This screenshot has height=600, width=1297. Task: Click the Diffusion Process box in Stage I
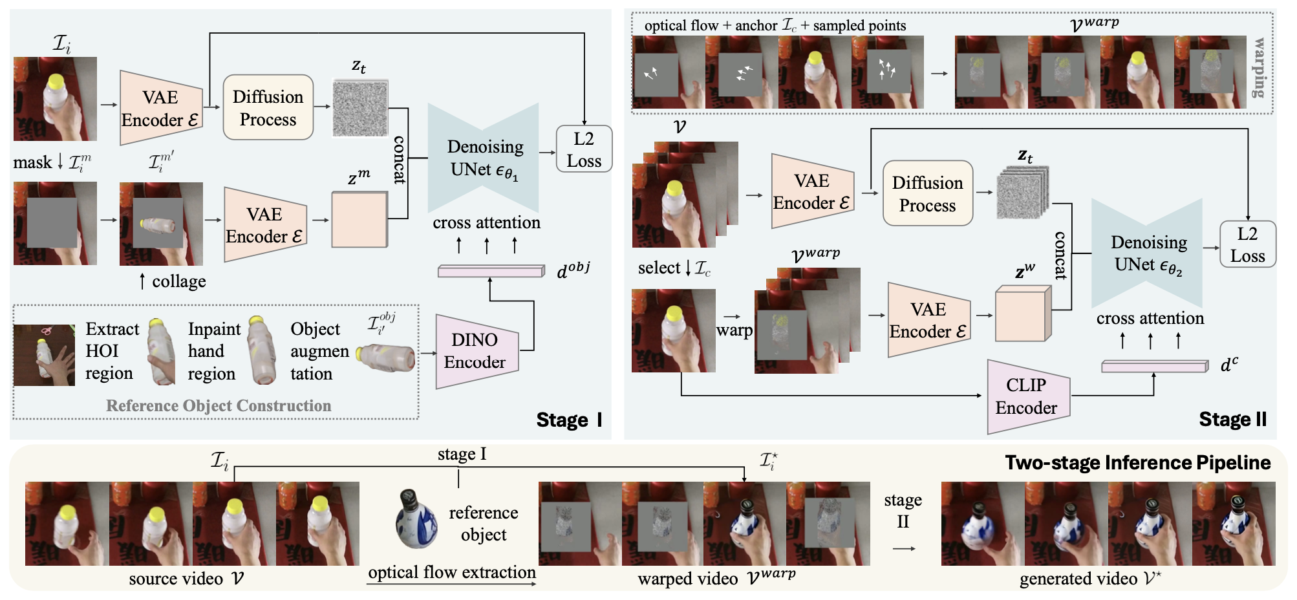[268, 107]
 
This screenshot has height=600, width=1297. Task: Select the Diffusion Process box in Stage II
[927, 193]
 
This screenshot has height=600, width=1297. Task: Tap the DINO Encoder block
[477, 351]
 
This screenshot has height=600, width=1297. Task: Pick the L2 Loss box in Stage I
[584, 149]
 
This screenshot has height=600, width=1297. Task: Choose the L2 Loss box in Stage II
[1247, 244]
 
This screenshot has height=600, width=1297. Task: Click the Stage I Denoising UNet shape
[484, 158]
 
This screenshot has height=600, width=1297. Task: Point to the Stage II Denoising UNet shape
[1147, 253]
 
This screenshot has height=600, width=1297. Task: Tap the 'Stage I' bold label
[569, 420]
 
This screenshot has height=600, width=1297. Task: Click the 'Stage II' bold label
[1233, 420]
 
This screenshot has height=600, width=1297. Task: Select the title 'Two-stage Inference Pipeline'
[1138, 463]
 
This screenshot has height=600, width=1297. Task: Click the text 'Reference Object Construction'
[219, 405]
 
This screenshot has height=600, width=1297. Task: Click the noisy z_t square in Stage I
[360, 108]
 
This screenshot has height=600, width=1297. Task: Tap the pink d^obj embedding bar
[491, 271]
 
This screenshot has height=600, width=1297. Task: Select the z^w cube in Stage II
[1024, 313]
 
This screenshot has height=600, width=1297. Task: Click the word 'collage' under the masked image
[179, 281]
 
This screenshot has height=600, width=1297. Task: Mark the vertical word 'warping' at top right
[1259, 68]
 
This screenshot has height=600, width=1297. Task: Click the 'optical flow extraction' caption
[452, 572]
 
